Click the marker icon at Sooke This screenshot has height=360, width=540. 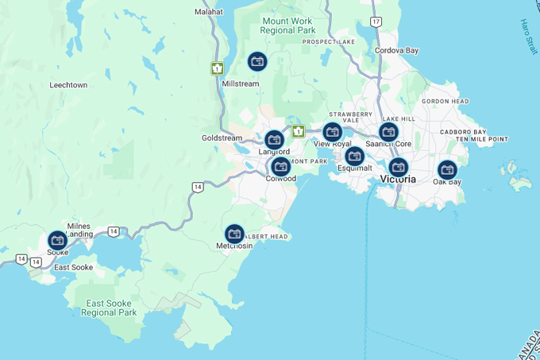[x=57, y=240]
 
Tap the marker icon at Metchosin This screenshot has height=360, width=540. [x=234, y=234]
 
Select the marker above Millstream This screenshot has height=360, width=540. [x=257, y=61]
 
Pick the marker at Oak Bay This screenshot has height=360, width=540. [x=447, y=169]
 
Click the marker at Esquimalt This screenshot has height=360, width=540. [x=355, y=156]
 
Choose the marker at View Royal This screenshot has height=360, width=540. [x=333, y=132]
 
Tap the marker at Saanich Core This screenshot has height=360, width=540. [x=388, y=132]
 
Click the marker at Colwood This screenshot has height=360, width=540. [x=281, y=166]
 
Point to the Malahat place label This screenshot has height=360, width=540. [x=209, y=12]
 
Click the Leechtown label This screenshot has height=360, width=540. [x=68, y=84]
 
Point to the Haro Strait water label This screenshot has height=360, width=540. [x=529, y=37]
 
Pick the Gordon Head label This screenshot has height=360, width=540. [x=445, y=101]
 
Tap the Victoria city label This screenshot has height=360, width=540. [x=398, y=180]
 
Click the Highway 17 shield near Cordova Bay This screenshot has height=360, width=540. [x=376, y=21]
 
